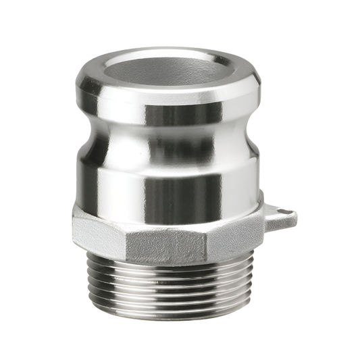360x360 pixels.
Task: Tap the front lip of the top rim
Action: (169, 95)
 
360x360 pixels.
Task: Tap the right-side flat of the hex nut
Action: (233, 236)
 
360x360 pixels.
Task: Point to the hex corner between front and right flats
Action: (206, 243)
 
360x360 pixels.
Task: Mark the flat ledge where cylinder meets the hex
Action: (169, 213)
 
